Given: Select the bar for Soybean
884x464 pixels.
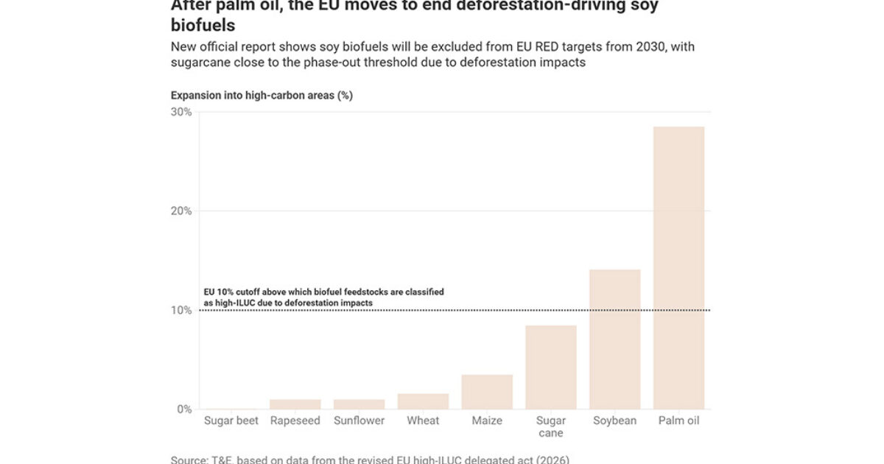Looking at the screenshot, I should click(x=614, y=339).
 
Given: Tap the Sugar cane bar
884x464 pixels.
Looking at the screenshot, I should click(x=551, y=367).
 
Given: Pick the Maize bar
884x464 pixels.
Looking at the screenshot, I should click(x=487, y=391).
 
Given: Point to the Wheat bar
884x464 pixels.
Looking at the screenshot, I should click(x=423, y=401).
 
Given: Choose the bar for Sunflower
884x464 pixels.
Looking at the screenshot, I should click(x=359, y=404).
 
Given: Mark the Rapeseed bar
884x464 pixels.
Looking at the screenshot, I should click(x=295, y=404).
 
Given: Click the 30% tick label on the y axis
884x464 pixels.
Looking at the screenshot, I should click(x=181, y=112).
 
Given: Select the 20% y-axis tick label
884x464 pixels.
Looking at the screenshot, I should click(x=181, y=211).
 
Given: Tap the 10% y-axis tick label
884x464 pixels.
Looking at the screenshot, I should click(x=181, y=310).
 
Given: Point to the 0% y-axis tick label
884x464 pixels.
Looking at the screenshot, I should click(x=183, y=409).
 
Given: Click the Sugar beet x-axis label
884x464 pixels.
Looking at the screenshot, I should click(x=231, y=421).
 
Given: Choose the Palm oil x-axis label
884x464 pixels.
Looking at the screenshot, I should click(x=678, y=421).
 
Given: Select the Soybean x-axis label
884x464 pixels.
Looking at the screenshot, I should click(x=614, y=421).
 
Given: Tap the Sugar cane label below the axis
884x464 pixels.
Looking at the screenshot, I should click(x=551, y=427).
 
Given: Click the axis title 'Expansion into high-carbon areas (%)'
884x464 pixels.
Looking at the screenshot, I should click(x=262, y=96).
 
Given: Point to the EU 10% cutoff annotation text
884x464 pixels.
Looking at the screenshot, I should click(x=323, y=298).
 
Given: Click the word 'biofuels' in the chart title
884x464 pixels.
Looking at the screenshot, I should click(x=203, y=25).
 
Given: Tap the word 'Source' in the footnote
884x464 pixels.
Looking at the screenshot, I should click(x=189, y=460).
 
